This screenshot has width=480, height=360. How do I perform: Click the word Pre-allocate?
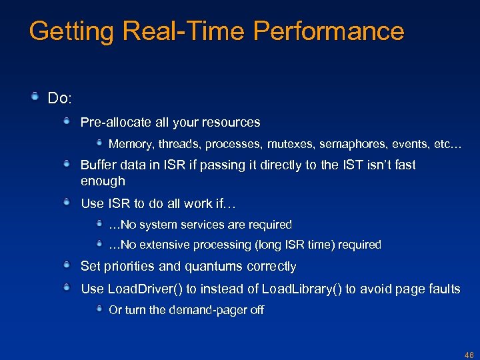click(113, 123)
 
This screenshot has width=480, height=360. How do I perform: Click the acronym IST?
click(352, 165)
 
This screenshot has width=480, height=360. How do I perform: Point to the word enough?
click(103, 181)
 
